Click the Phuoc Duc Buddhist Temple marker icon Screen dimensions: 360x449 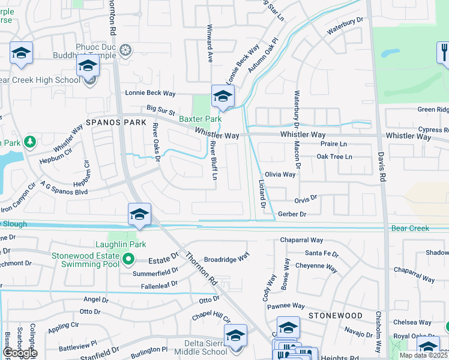[125, 49]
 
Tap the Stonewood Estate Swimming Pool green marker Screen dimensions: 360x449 [128, 260]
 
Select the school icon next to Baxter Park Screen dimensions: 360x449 [223, 96]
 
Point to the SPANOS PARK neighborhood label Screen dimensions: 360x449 [116, 122]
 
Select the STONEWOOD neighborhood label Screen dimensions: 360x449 [336, 315]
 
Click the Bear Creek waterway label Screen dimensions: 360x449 [411, 229]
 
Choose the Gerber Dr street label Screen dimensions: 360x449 [292, 214]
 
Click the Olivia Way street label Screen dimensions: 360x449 [280, 175]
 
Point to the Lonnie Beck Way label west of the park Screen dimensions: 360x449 [150, 93]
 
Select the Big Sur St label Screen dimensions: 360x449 [161, 110]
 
